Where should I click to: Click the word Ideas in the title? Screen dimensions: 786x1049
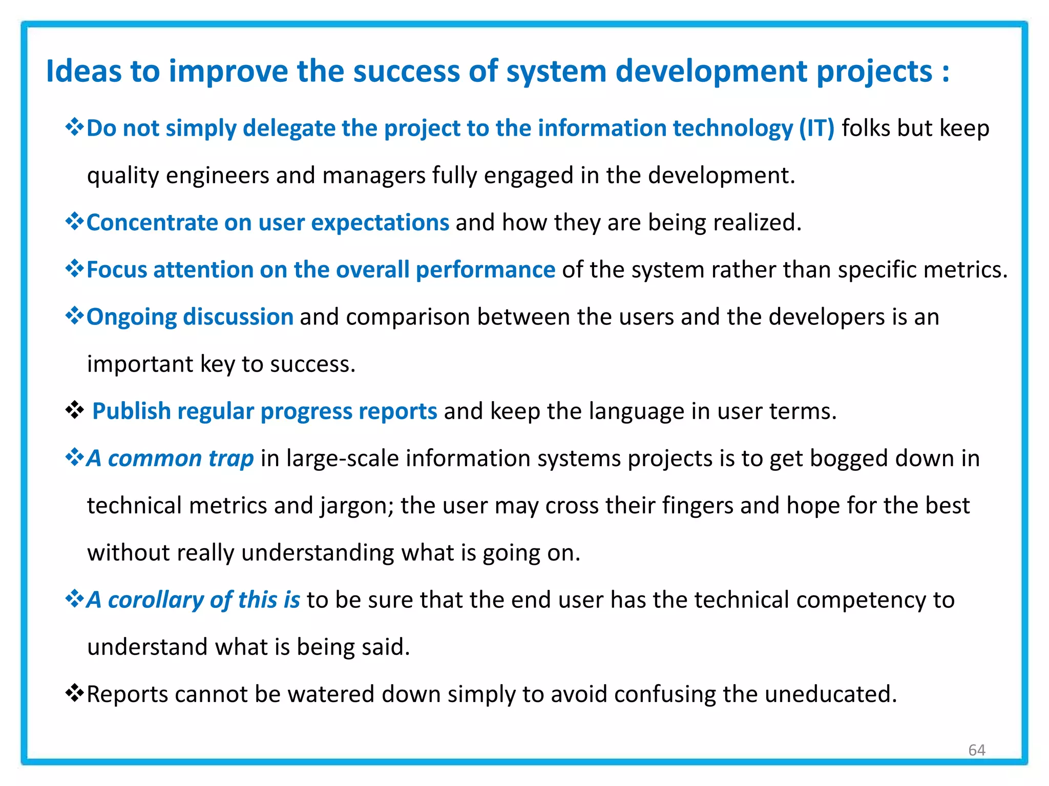coord(84,71)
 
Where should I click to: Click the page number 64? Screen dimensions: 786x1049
coord(977,750)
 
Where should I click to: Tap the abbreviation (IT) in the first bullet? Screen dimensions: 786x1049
coord(816,128)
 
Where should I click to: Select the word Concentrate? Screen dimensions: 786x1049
coord(152,223)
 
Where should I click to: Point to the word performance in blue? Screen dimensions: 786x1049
coord(485,270)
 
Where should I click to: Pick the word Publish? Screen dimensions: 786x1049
coord(131,411)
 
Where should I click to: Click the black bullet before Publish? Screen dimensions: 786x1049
coord(74,410)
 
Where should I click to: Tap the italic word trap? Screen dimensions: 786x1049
coord(231,458)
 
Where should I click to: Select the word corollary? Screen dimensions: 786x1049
coord(156,600)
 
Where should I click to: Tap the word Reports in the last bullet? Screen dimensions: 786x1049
coord(128,694)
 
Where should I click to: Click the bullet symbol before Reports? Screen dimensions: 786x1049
coord(74,693)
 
